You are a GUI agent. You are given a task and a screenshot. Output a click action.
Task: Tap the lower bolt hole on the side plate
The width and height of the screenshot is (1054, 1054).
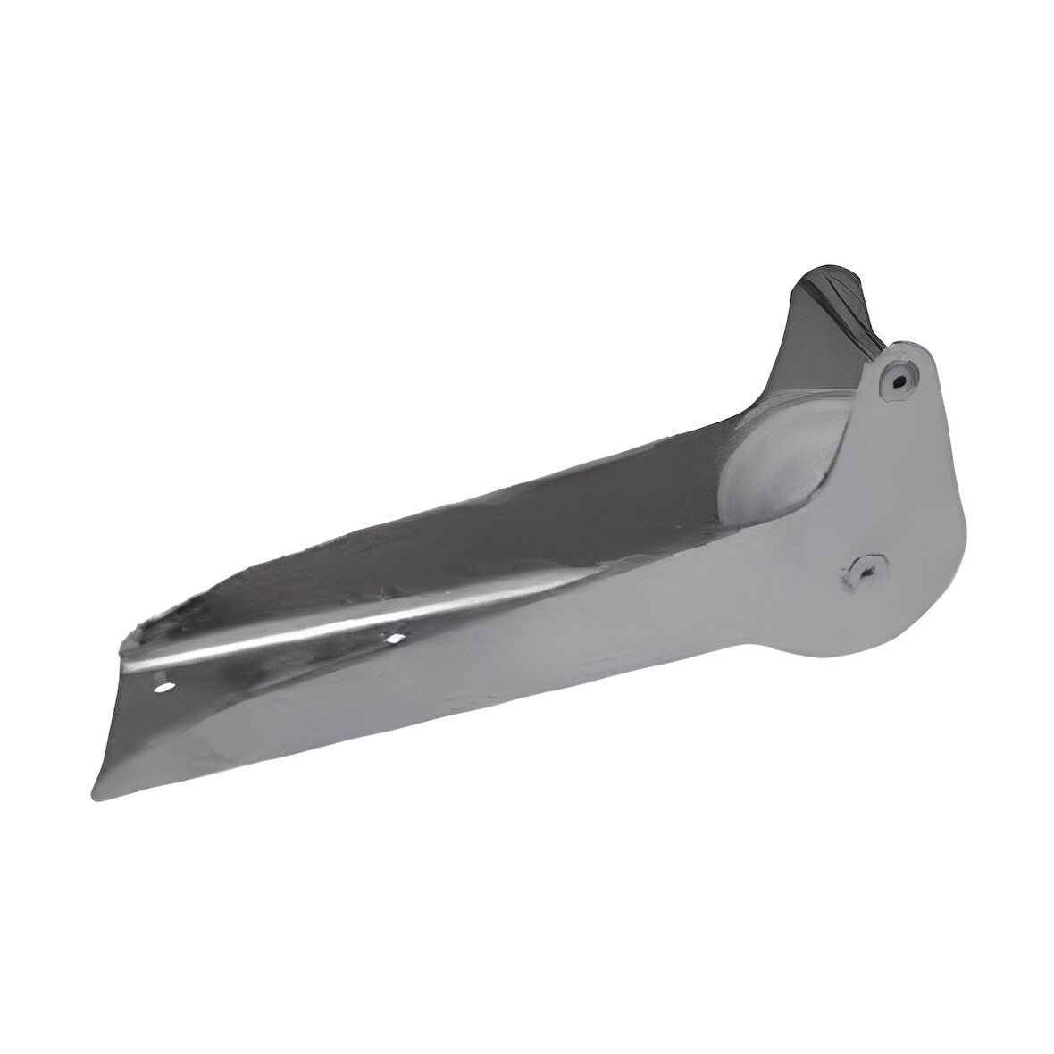point(866,570)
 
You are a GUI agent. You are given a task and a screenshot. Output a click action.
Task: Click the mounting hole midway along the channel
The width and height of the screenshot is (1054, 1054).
point(393,638)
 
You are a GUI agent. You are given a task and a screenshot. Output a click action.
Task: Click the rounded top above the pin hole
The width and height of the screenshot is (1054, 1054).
point(908,348)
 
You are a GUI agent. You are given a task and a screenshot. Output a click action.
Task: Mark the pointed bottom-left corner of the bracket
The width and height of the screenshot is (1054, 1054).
point(96,798)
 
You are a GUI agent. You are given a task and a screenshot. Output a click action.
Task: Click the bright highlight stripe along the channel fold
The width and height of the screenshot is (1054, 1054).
point(357,625)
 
